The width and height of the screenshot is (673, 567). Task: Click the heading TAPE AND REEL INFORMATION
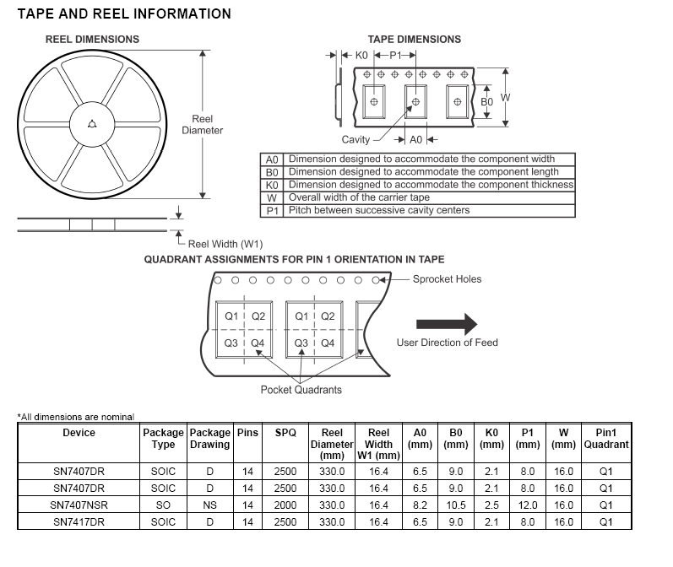(x=124, y=13)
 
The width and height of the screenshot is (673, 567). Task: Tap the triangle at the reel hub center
(x=92, y=126)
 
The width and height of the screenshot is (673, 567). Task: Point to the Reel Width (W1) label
(x=225, y=244)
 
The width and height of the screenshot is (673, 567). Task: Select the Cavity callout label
(x=355, y=139)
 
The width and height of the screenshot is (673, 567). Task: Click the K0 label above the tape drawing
(x=361, y=55)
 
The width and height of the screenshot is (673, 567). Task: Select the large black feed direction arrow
(x=447, y=324)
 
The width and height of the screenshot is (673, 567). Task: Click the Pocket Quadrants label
(x=301, y=390)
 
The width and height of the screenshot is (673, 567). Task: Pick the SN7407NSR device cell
(x=79, y=505)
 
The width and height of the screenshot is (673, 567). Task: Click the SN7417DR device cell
(x=79, y=521)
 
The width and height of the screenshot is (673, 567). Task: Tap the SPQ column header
(x=285, y=433)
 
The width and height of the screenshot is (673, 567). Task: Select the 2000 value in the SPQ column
(x=285, y=505)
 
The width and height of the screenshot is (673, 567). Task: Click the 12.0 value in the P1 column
(x=528, y=505)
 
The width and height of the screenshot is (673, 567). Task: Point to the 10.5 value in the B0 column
(x=456, y=505)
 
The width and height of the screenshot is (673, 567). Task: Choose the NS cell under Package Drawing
(x=209, y=505)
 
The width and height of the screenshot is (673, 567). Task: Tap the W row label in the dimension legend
(x=272, y=197)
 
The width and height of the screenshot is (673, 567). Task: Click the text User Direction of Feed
(x=447, y=343)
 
